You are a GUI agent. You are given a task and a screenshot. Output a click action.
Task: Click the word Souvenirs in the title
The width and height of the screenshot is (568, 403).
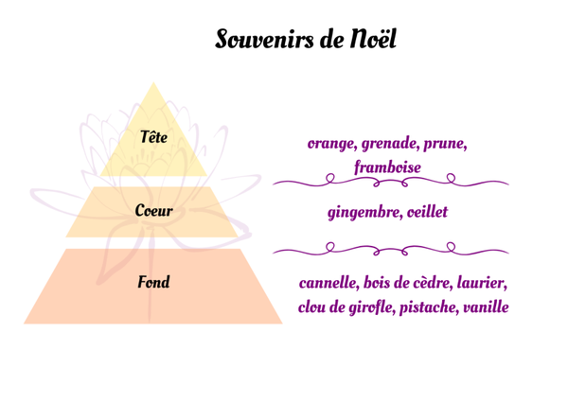[265, 40]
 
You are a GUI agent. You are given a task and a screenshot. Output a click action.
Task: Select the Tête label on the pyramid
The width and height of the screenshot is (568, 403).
[153, 138]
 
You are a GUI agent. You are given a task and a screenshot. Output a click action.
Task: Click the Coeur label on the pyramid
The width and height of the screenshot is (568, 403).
[153, 210]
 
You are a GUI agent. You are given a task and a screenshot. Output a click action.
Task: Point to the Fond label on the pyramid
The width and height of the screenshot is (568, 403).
[153, 282]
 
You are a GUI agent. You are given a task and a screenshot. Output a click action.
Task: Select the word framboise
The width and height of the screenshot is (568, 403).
[387, 166]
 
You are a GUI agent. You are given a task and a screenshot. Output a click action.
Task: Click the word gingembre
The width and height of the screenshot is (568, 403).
[364, 213]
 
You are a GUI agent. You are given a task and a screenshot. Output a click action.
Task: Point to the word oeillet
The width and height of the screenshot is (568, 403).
[426, 212]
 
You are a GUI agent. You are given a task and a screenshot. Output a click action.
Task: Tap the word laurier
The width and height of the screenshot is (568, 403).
[483, 284]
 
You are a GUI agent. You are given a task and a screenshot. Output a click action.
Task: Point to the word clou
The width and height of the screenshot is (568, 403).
[314, 307]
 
